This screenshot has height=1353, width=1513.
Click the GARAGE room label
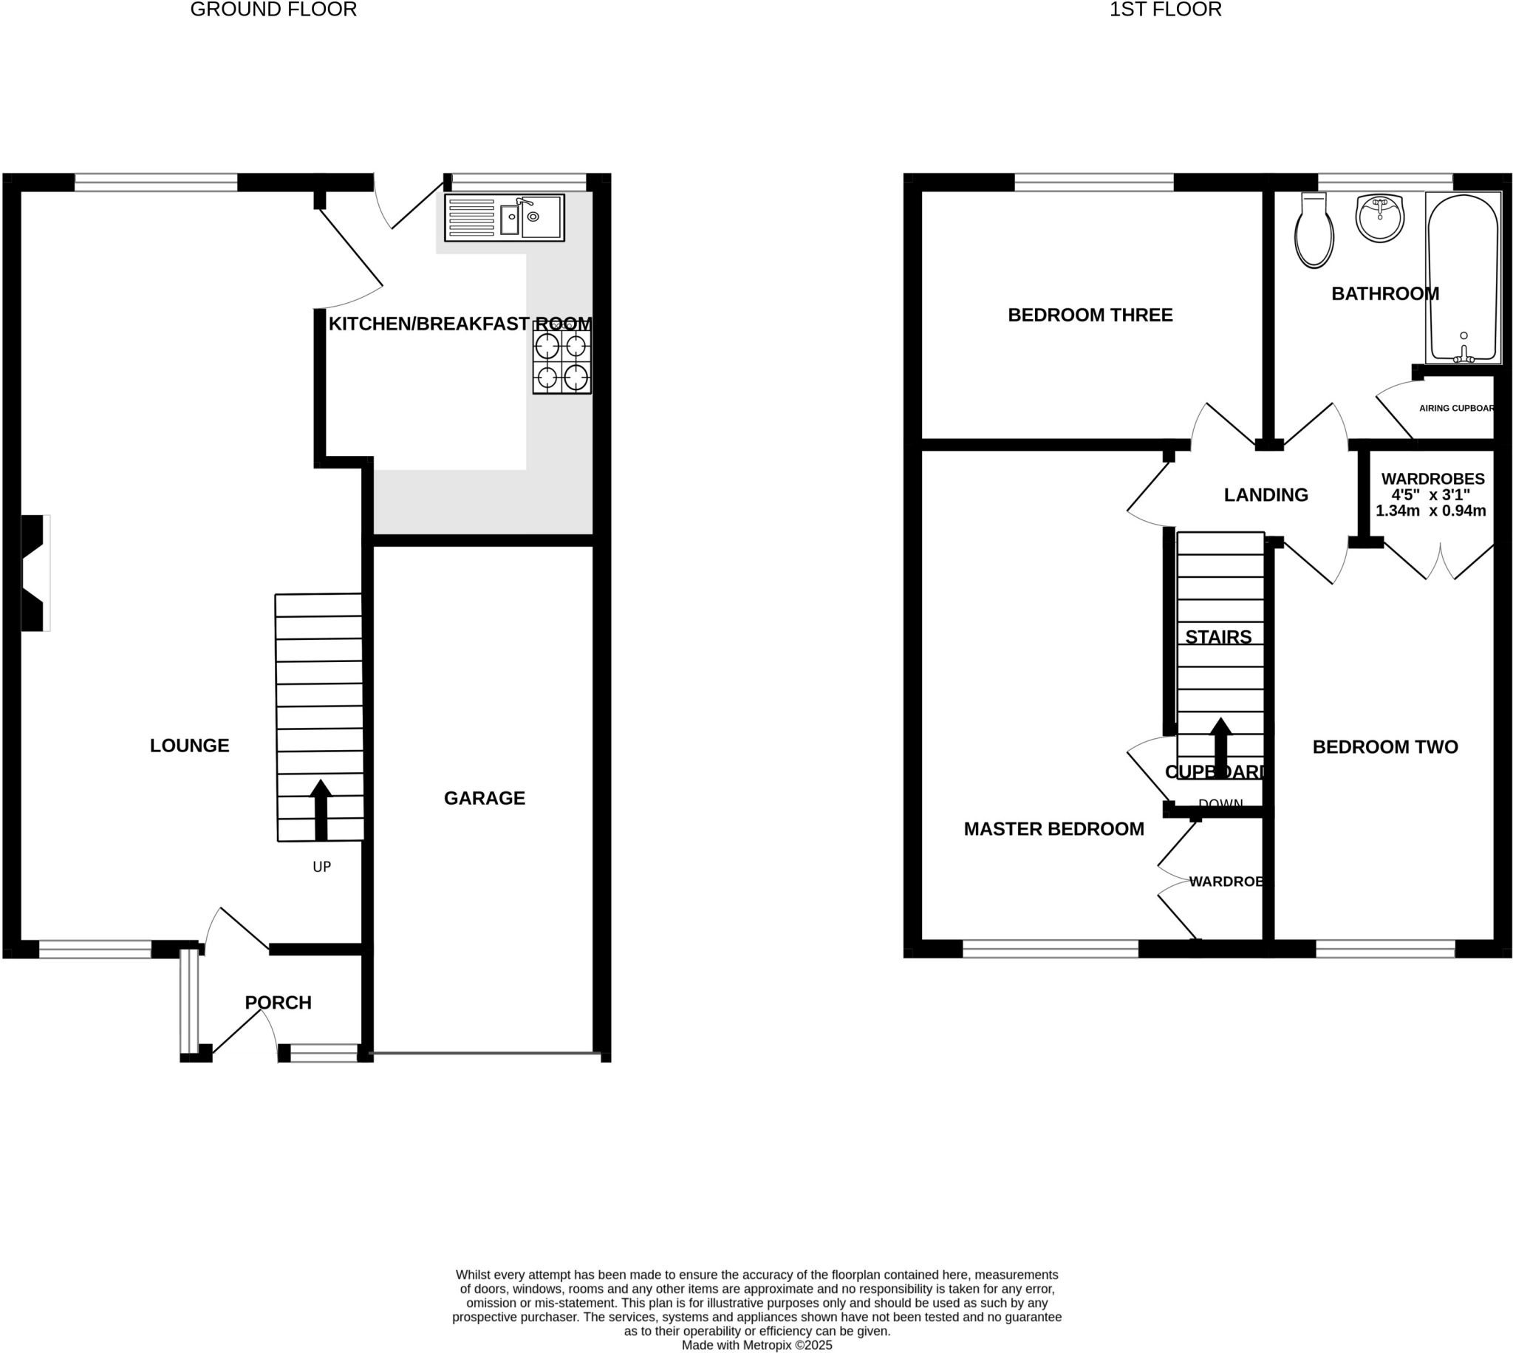(485, 797)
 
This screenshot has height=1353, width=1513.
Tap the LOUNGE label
(190, 745)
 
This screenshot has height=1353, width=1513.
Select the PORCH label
(278, 1002)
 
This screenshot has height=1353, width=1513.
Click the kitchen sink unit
(505, 218)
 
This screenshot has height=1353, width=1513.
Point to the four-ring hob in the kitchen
(561, 362)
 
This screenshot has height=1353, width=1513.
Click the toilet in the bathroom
(1314, 231)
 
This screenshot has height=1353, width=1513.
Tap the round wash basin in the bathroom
(1380, 219)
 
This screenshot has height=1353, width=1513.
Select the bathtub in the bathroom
(1463, 279)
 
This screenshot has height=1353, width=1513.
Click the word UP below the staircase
(322, 867)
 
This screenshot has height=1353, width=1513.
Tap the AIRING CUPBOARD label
(1456, 408)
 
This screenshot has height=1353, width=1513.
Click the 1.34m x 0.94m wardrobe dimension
(1430, 511)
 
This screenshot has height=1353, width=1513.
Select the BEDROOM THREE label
(1090, 316)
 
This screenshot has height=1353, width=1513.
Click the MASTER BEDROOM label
(1053, 829)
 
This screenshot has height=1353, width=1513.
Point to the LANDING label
(1266, 495)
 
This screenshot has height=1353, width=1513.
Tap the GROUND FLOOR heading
(273, 10)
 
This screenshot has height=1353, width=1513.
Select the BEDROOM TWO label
(1385, 747)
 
